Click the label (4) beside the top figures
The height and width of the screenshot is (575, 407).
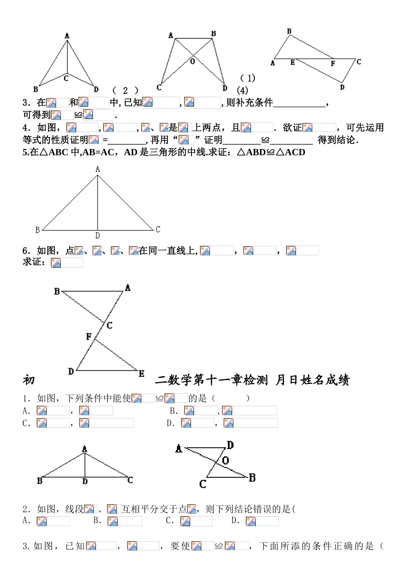coord(242,90)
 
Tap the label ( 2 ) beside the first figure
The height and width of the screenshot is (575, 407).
coord(125,90)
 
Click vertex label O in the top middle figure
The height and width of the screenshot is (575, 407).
coord(193,62)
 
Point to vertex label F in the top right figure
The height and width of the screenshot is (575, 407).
coord(333,64)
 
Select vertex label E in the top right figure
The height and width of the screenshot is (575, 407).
coord(293,63)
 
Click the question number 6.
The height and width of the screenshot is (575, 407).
coord(26,251)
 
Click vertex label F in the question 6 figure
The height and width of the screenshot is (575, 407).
coord(89,337)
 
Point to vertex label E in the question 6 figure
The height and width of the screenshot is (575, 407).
coord(141,374)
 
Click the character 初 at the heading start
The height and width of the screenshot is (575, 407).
coord(29,380)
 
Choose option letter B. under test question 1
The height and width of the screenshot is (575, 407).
coord(174,411)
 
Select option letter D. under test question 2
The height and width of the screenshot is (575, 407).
coord(235,521)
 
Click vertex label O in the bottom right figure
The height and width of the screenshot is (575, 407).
coord(226,461)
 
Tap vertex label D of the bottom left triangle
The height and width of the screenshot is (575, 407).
coord(85,482)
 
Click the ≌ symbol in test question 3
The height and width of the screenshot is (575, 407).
coord(219,546)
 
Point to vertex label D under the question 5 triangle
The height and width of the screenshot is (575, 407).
coord(98,236)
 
